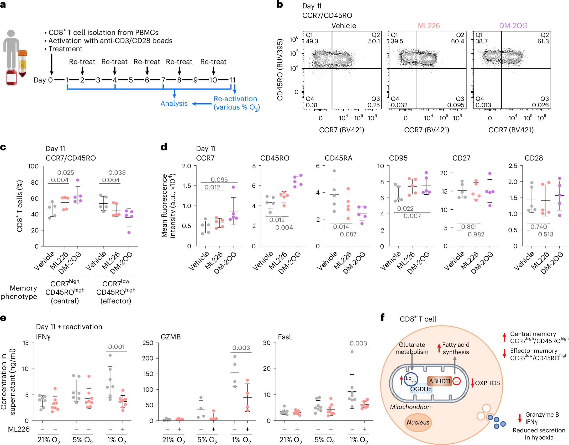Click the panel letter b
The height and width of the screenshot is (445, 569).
coord(280,4)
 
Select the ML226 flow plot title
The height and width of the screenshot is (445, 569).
coord(429,26)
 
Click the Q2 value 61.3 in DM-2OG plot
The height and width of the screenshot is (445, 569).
coord(543,41)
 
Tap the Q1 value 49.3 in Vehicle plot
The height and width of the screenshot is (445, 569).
coord(312,41)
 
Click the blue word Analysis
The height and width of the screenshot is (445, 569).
coord(174,104)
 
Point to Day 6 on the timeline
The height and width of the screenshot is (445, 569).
coord(147,80)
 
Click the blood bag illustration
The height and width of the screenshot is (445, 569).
coord(11,77)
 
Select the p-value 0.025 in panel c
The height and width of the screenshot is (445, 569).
coord(66,173)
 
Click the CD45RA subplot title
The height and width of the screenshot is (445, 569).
coord(338,158)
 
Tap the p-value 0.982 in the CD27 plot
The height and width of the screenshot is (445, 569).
coord(476,234)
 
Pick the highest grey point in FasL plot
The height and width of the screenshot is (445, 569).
coord(352,352)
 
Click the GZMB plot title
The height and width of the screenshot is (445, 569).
coord(171,337)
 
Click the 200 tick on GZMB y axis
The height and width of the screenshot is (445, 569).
coord(148,358)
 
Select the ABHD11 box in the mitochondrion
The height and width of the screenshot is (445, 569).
coord(440,381)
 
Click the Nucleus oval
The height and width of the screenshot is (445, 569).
coord(418,422)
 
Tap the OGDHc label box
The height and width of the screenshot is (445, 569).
coord(421,389)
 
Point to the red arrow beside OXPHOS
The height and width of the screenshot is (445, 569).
coord(472,383)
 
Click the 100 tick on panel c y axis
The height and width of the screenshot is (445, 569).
coord(33,166)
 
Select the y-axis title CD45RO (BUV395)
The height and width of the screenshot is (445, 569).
coord(280,70)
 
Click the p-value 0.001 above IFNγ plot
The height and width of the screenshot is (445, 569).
coord(117,347)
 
